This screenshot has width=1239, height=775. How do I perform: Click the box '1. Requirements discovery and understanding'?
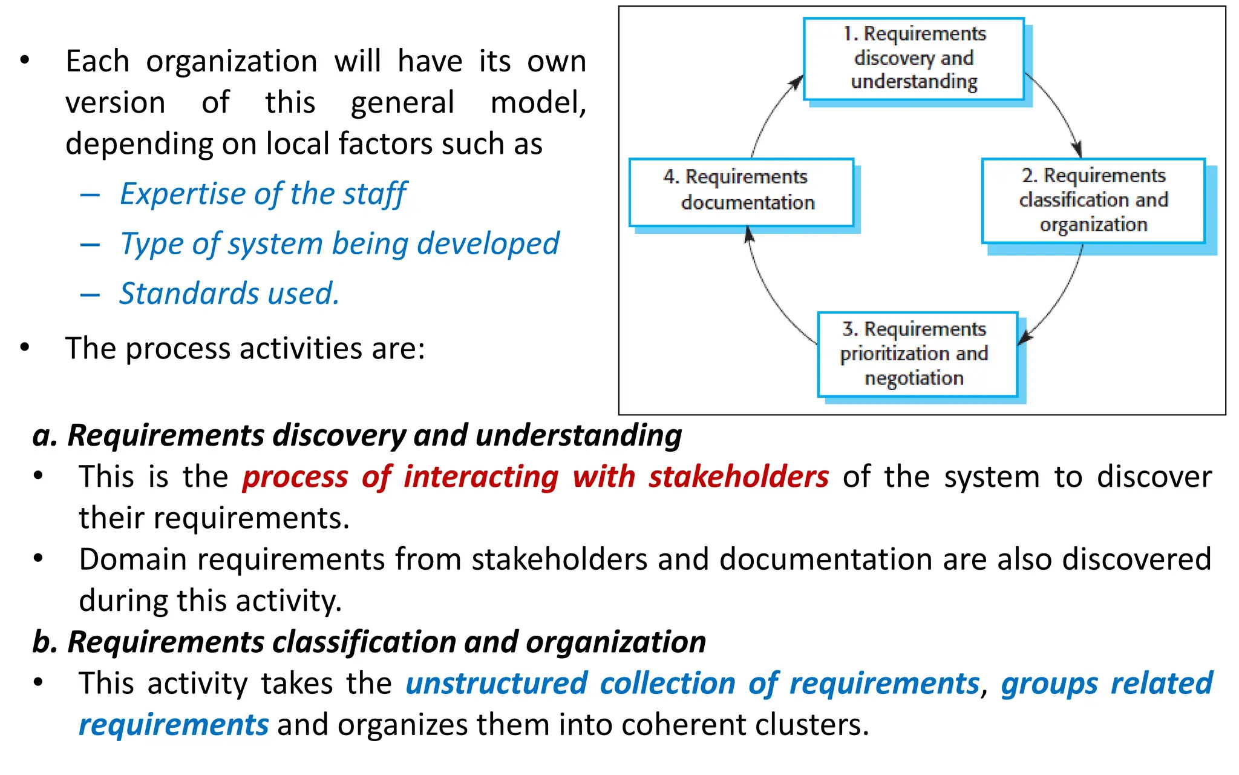pos(914,59)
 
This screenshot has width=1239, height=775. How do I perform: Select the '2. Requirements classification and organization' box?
pos(1093,200)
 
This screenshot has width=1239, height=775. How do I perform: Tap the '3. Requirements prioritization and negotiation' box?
pos(917,354)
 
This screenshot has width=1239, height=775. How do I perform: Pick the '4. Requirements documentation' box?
pos(741,192)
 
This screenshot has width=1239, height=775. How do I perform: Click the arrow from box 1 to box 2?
pos(1059,112)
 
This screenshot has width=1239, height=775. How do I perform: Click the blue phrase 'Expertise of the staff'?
pos(263,194)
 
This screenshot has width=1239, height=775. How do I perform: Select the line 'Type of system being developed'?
pos(339,244)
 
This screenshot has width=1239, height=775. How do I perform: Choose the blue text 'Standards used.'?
pos(229,294)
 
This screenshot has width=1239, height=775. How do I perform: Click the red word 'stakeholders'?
pos(738,477)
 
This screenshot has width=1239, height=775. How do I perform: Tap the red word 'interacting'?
pos(481,477)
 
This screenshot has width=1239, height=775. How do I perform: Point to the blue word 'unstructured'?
pos(496,684)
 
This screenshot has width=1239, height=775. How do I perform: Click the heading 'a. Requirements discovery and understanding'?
pos(357,435)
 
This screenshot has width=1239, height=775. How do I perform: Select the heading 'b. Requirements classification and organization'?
pos(369,642)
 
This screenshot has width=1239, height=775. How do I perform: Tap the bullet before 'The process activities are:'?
pos(25,348)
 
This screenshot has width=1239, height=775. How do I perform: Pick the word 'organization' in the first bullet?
pos(232,62)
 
